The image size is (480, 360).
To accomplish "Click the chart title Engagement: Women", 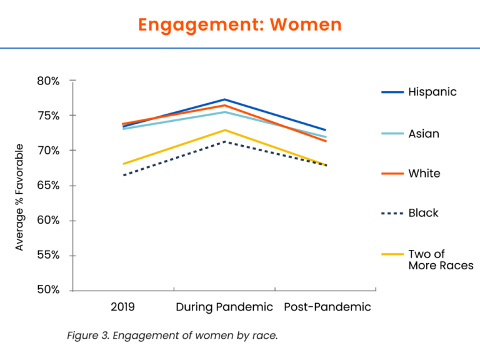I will coord(240,24).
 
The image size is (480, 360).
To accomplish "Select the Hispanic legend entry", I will coord(432,92).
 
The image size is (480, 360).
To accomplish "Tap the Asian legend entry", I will coord(423,134).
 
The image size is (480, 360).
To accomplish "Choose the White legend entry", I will coord(424,174).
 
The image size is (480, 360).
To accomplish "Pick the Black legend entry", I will coord(423,213).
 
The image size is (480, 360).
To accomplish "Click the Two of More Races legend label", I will coord(440,259).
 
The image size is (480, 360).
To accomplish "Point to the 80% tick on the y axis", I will coord(47,81).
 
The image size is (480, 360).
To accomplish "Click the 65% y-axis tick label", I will coord(47,186).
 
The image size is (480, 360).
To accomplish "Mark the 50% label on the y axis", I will coord(47,290).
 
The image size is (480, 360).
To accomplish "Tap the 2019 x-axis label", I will coord(122,307).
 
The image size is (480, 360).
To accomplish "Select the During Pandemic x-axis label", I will coord(224,307).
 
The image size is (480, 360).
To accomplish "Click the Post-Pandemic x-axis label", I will coord(327,307).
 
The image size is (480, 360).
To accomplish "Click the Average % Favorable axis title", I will coord(19,197).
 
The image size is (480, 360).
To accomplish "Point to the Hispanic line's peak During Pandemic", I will coord(224,99).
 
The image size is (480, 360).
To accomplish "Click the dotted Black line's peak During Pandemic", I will coord(224,141).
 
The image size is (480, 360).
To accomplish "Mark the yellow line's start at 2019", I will coord(124,164).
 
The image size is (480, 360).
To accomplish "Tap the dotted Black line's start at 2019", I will coord(124,175).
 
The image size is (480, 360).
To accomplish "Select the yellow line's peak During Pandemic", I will coord(224,130).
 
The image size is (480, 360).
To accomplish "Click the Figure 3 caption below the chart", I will coord(172,336).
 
